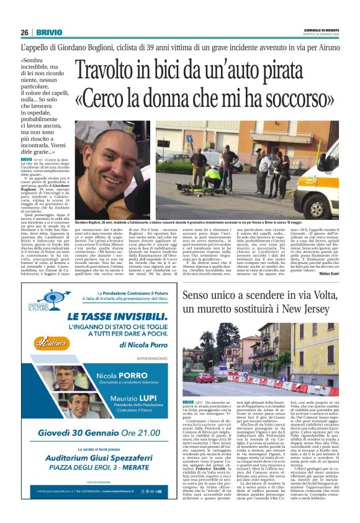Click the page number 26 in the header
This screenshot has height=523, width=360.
(x=25, y=32)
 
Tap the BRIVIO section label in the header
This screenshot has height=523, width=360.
(x=48, y=32)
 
